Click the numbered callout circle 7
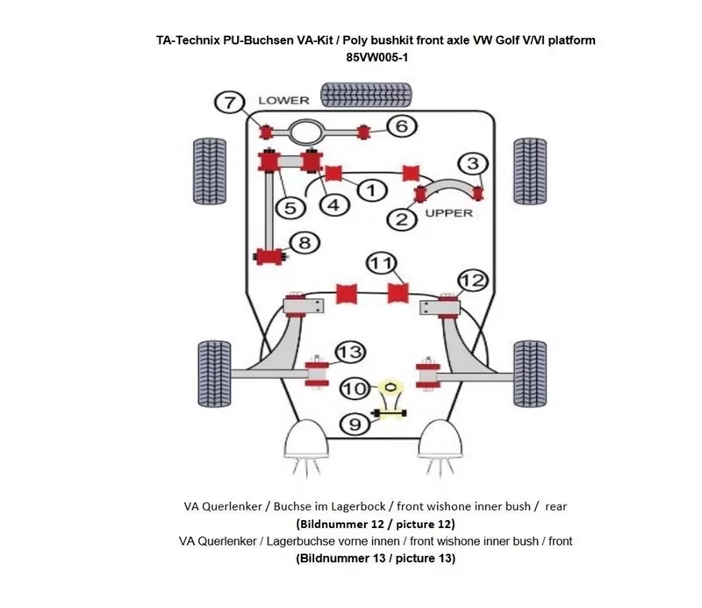(x=229, y=102)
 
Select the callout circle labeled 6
(x=400, y=126)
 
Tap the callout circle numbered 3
(x=472, y=163)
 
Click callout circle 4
(x=333, y=204)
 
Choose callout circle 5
(x=290, y=207)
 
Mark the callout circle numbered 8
(x=304, y=243)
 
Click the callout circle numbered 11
(x=379, y=263)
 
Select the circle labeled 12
(x=471, y=280)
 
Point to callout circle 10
(x=355, y=387)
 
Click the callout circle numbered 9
(x=355, y=425)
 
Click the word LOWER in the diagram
(x=283, y=100)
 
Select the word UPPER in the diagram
(x=448, y=212)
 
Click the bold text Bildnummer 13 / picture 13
(x=376, y=558)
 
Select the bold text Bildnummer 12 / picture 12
(x=376, y=524)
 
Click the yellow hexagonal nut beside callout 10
(x=390, y=385)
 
